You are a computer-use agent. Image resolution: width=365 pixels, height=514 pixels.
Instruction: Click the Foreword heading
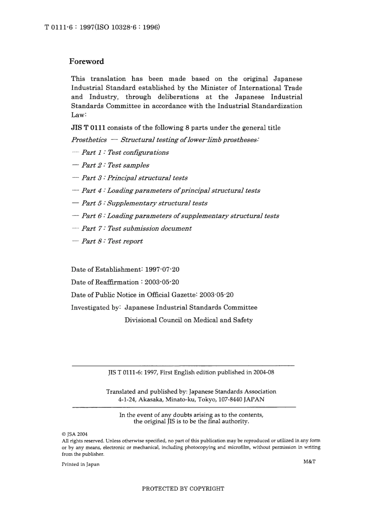tap(86, 62)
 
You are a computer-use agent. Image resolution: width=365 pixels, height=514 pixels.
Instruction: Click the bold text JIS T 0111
tap(88, 128)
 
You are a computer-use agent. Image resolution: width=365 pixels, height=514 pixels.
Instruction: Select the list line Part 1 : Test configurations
tap(125, 152)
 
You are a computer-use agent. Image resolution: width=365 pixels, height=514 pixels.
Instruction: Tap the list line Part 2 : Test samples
tap(115, 165)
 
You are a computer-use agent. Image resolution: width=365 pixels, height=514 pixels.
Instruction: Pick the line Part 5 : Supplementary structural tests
tap(144, 203)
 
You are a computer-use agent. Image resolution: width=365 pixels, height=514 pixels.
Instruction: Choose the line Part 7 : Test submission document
tap(136, 229)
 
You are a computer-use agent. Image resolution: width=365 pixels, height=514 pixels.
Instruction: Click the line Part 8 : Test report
tap(112, 241)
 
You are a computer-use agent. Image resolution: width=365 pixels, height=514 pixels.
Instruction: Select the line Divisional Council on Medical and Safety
tap(188, 320)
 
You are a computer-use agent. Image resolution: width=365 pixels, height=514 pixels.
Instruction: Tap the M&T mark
tap(309, 462)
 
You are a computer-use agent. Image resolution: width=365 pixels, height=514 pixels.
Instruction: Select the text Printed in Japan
tap(80, 464)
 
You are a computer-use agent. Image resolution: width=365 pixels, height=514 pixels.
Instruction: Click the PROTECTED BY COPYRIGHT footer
tap(183, 489)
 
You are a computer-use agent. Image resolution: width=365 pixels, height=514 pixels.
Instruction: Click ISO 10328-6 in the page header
tap(127, 27)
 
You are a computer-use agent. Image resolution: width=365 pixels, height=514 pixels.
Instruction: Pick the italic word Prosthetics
tap(89, 140)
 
